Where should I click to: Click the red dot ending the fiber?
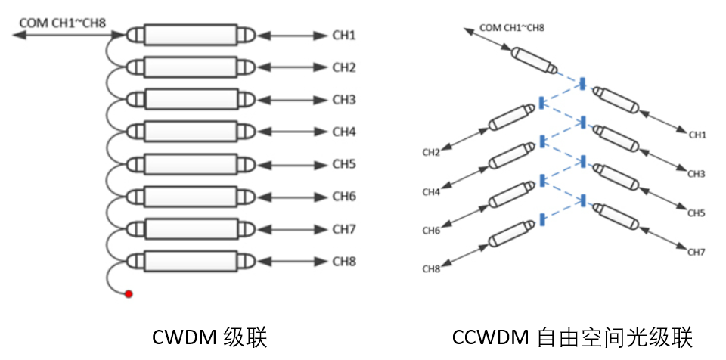click(x=129, y=293)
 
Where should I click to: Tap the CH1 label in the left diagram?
click(x=344, y=36)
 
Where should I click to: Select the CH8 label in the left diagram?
click(x=344, y=262)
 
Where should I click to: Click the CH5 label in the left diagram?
click(x=344, y=165)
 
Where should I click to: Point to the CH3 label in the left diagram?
click(x=344, y=100)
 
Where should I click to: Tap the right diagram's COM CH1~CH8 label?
click(x=513, y=28)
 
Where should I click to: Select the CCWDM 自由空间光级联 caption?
click(x=572, y=336)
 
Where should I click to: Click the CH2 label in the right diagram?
click(x=430, y=154)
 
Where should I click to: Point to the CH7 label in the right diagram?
click(x=697, y=251)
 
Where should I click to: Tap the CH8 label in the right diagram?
click(x=431, y=269)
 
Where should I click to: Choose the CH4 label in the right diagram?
click(x=430, y=192)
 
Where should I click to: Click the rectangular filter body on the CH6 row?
click(x=191, y=197)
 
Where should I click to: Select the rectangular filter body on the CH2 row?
click(x=191, y=68)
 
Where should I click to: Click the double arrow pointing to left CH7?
click(x=290, y=230)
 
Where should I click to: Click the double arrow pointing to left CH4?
click(x=290, y=132)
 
